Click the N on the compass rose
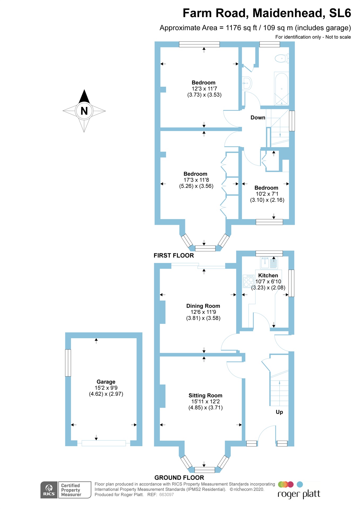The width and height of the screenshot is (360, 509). click(x=84, y=111)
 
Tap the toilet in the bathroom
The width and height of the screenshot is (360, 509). click(x=281, y=58)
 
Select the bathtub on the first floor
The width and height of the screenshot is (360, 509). click(x=281, y=89)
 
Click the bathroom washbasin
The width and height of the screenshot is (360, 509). click(x=247, y=83)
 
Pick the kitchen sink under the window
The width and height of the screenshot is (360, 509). click(x=269, y=263)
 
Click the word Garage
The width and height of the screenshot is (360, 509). click(x=106, y=382)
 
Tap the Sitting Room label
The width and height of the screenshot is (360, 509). click(x=205, y=396)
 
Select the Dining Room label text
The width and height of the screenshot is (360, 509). click(x=203, y=306)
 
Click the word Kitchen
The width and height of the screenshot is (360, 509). click(x=268, y=275)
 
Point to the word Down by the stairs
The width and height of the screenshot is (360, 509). click(x=258, y=118)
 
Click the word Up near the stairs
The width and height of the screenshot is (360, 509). click(x=279, y=412)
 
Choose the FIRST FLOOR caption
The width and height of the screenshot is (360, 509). click(x=174, y=256)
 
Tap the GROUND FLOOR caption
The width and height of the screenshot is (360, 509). click(x=179, y=478)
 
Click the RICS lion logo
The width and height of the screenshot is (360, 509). click(x=49, y=489)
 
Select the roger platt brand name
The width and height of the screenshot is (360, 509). click(x=299, y=494)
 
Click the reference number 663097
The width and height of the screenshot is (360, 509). click(x=166, y=495)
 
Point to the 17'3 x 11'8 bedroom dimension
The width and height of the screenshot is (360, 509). click(x=196, y=180)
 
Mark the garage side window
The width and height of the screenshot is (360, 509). click(x=68, y=363)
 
